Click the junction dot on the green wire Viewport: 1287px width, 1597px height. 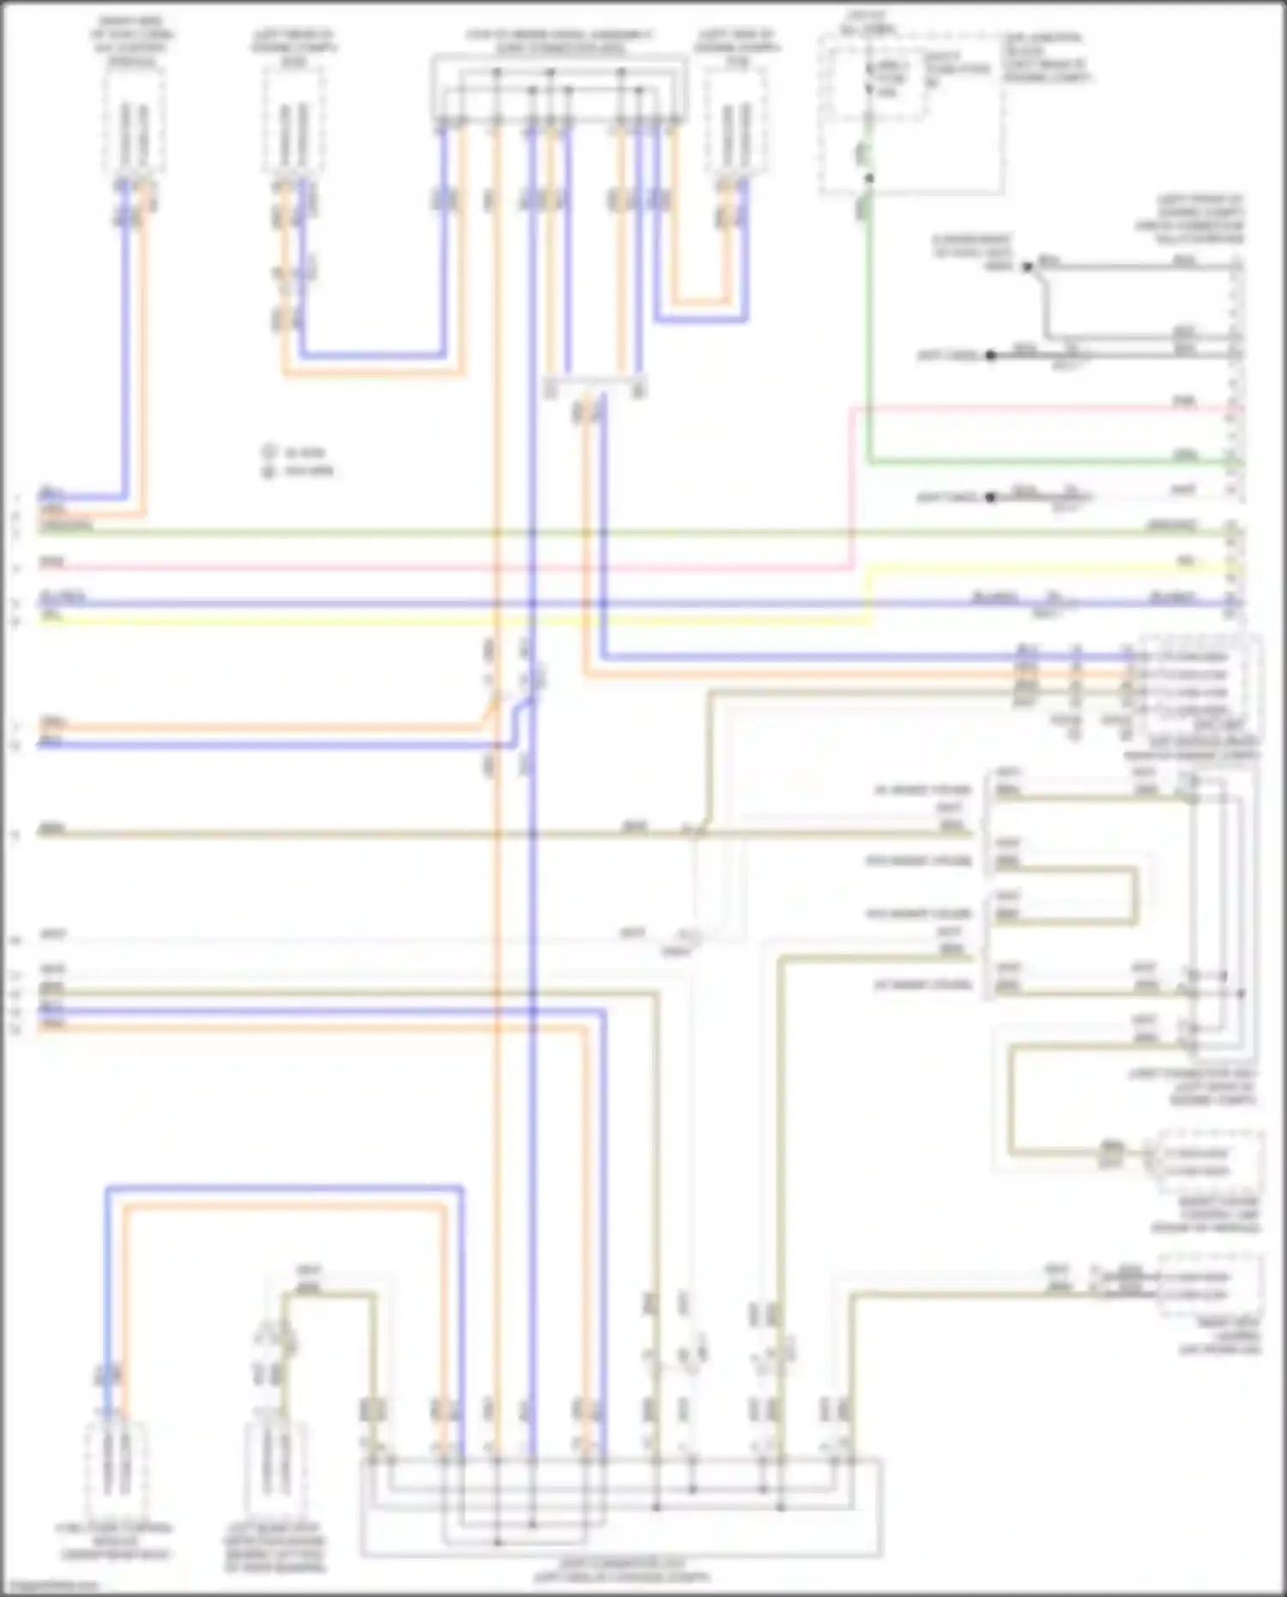pyautogui.click(x=868, y=178)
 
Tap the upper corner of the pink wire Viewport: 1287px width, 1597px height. pyautogui.click(x=852, y=409)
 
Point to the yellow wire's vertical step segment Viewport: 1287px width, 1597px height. pyautogui.click(x=872, y=592)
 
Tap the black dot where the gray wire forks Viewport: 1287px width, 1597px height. pyautogui.click(x=1027, y=267)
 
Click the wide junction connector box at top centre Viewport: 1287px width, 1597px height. pyautogui.click(x=559, y=88)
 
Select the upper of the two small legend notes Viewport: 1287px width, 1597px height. pyautogui.click(x=297, y=452)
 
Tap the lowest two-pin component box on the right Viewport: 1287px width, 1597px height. pyautogui.click(x=1210, y=1285)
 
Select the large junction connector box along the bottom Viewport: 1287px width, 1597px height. pyautogui.click(x=621, y=1506)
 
